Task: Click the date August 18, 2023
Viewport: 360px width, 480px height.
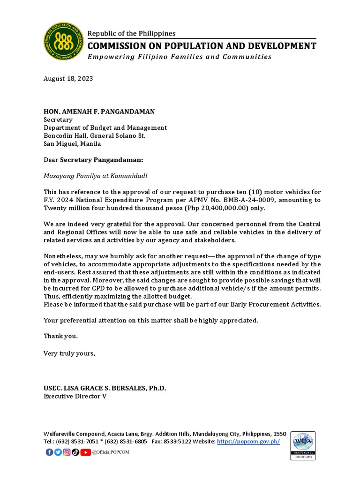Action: pos(68,79)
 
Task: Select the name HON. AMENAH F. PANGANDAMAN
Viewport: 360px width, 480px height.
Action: pos(99,112)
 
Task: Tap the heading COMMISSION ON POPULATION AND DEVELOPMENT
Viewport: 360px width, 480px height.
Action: pos(202,46)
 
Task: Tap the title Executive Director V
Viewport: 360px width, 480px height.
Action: pos(75,397)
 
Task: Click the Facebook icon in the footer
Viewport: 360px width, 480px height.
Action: pos(49,452)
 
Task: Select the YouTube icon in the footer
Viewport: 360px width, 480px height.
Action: pos(85,452)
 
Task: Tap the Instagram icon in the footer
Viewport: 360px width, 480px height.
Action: pos(67,452)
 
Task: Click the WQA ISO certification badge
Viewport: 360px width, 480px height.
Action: pos(303,446)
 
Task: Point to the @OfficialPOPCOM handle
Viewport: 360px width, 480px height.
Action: pos(111,452)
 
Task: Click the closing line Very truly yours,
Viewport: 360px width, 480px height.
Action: pos(69,353)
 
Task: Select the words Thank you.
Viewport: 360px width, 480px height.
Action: pos(60,336)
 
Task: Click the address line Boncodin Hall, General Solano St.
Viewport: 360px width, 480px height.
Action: pos(95,136)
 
